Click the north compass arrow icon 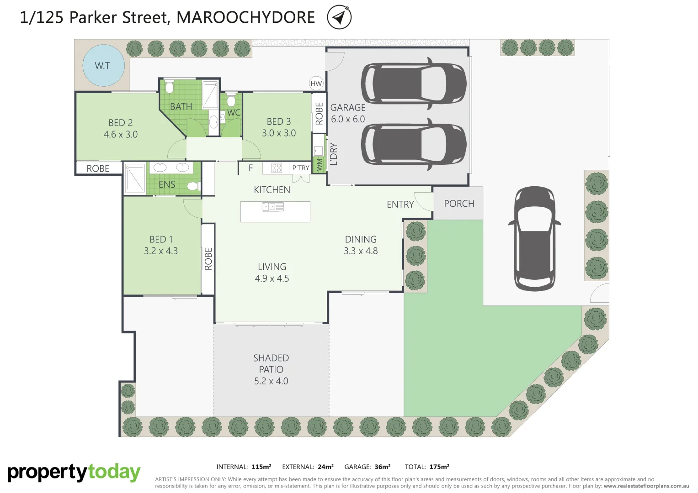[x=339, y=17]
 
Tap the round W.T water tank [x=103, y=66]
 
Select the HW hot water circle [x=316, y=84]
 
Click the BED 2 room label [x=121, y=128]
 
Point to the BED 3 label [x=279, y=127]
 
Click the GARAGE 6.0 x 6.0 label [x=348, y=113]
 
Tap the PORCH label [x=459, y=204]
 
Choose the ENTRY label [x=400, y=205]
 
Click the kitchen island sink [x=273, y=207]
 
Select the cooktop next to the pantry [x=277, y=168]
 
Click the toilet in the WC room [x=231, y=100]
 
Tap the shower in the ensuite [x=135, y=178]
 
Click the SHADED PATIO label [x=271, y=369]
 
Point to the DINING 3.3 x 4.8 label [x=361, y=245]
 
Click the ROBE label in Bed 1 [x=208, y=259]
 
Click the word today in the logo [x=114, y=472]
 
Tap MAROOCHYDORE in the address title [x=245, y=17]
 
